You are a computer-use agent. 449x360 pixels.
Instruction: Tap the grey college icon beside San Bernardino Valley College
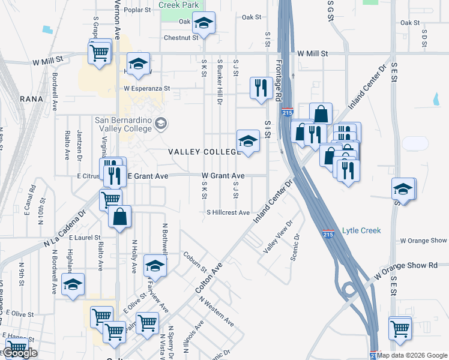point(160,124)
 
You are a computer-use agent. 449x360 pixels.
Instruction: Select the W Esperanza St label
point(147,88)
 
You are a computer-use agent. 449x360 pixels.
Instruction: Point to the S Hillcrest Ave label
point(228,212)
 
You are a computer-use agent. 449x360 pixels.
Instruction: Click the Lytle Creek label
point(361,230)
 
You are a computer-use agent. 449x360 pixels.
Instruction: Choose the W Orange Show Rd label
point(415,265)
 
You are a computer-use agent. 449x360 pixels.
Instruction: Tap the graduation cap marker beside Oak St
point(204,24)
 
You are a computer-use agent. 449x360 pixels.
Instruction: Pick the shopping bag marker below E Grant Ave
point(120,217)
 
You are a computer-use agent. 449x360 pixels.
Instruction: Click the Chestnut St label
point(181,37)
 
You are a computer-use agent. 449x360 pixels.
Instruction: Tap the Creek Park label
point(178,5)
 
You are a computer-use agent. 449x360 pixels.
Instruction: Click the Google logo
point(20,353)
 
